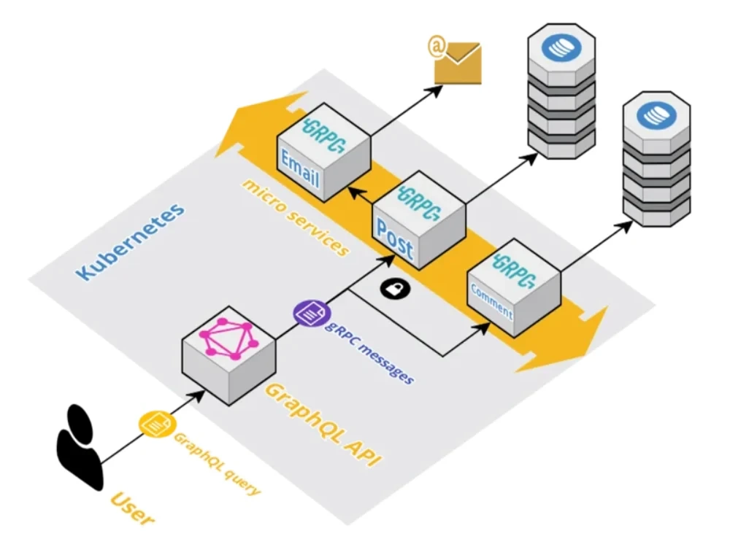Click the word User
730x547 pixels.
[x=134, y=509]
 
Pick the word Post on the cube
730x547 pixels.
[x=394, y=238]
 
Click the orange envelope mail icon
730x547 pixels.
[x=458, y=63]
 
